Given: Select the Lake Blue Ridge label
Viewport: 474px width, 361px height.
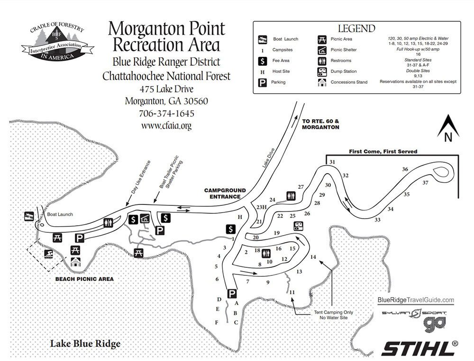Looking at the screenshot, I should (85, 343).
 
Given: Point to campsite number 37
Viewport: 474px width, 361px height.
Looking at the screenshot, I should (425, 183).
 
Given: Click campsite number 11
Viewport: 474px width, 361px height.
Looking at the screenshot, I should (292, 292).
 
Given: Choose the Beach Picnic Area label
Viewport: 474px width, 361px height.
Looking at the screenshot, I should (84, 279).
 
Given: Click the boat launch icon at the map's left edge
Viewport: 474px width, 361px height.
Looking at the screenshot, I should (29, 216).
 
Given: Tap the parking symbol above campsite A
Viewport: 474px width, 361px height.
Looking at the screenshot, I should (232, 294).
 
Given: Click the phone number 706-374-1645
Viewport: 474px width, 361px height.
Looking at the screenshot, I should (166, 114).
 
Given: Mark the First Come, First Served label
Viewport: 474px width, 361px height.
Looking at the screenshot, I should (383, 151).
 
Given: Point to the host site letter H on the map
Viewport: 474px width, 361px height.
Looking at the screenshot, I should (240, 217).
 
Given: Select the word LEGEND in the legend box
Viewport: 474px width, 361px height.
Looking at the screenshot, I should (356, 28).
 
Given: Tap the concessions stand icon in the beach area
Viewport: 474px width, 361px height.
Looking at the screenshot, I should (75, 262).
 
